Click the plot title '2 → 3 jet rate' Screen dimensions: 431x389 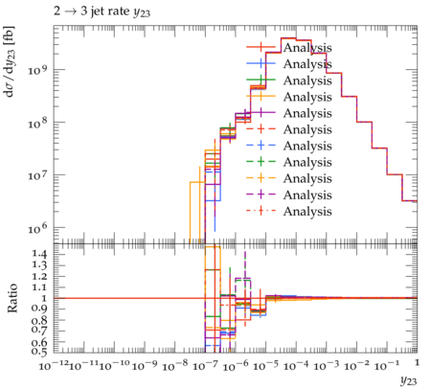tap(92, 11)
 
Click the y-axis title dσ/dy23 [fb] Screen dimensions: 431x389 tap(9, 61)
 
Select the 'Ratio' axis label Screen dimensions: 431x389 tap(12, 298)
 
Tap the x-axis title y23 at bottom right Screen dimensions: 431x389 tap(409, 380)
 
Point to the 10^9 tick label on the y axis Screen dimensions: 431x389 tap(37, 70)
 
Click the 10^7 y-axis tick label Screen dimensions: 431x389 tap(37, 175)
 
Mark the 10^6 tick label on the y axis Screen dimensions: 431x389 tap(37, 228)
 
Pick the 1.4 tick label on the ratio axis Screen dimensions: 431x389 tap(39, 254)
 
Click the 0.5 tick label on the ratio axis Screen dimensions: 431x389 tap(39, 352)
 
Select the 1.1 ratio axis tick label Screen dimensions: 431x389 tap(39, 287)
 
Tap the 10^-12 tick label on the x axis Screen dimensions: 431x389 tap(54, 365)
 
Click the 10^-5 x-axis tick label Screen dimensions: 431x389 tap(266, 365)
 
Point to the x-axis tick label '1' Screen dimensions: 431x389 tap(418, 363)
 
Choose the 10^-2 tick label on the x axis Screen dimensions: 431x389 tap(357, 365)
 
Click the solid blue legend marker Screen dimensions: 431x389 tap(261, 63)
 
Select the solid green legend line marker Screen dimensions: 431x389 tap(261, 80)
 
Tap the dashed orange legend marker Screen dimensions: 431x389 tap(261, 178)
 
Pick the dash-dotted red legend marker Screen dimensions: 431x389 tap(261, 211)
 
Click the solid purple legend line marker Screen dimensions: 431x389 tap(261, 112)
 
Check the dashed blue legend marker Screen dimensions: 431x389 tap(261, 146)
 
